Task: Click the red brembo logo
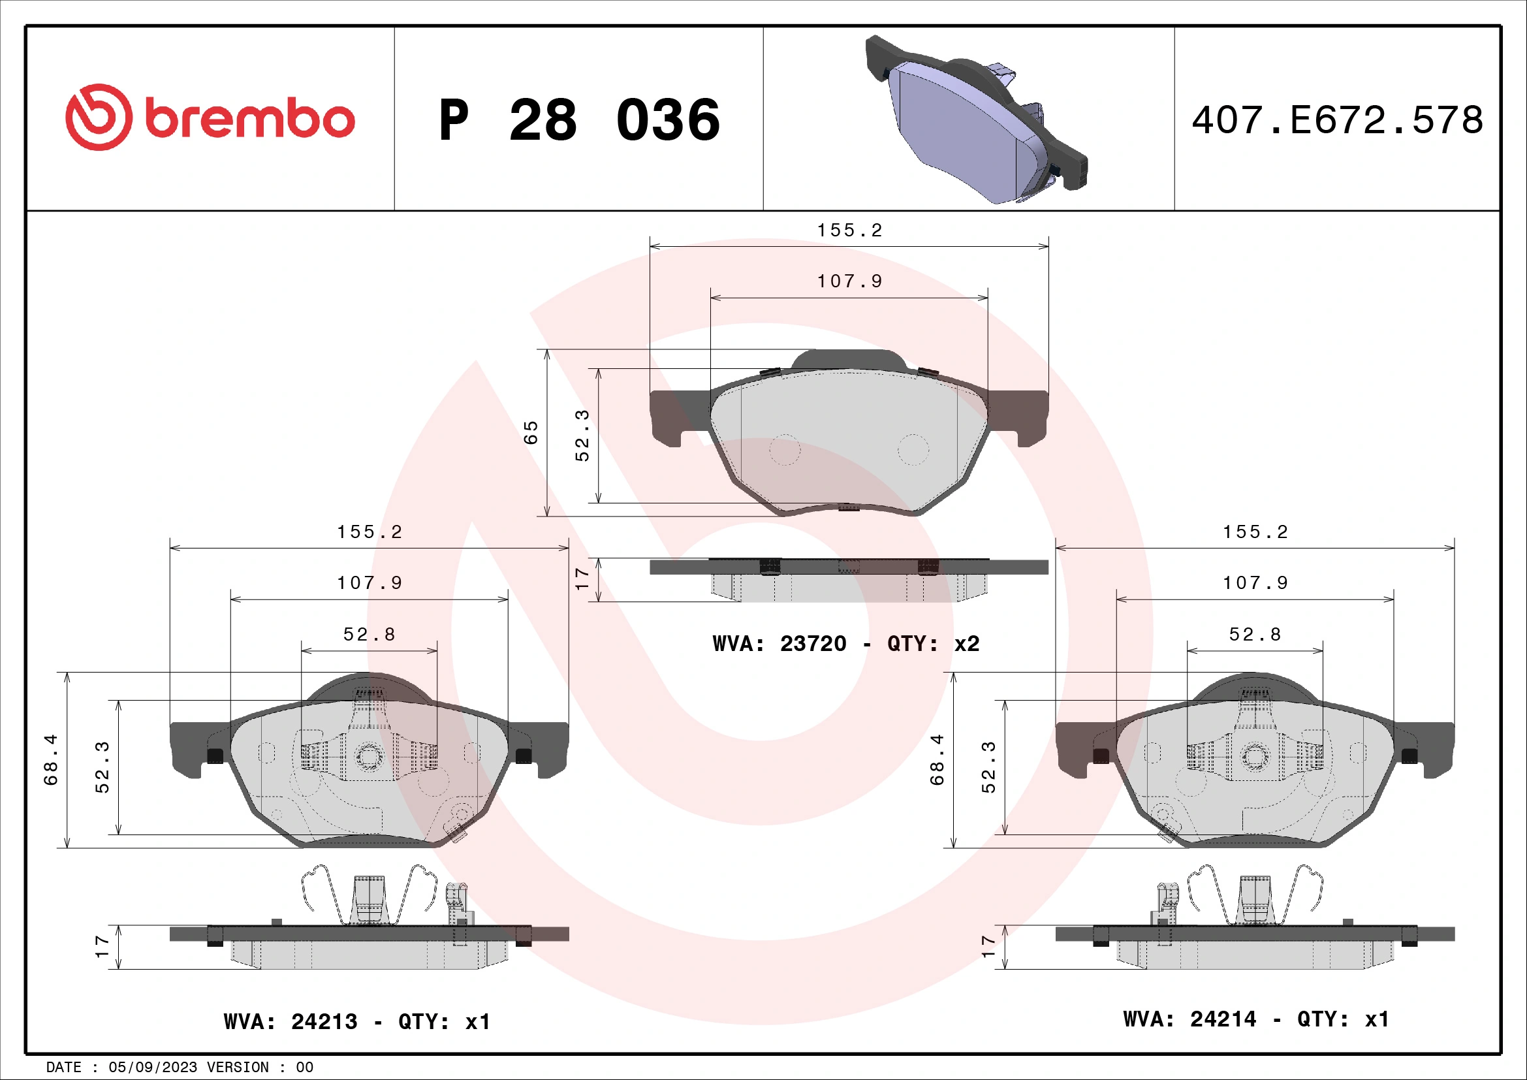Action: pyautogui.click(x=210, y=118)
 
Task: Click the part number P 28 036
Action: pyautogui.click(x=578, y=120)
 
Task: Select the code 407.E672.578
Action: pyautogui.click(x=1337, y=120)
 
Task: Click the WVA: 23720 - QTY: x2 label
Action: pyautogui.click(x=845, y=644)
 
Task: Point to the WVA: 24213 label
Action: pyautogui.click(x=291, y=1021)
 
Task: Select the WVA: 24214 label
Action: pyautogui.click(x=1190, y=1019)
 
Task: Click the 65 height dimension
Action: pyautogui.click(x=530, y=432)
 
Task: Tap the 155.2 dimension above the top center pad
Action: pyautogui.click(x=849, y=230)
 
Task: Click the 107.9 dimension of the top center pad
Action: pyautogui.click(x=849, y=281)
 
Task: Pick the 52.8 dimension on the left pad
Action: pyautogui.click(x=369, y=635)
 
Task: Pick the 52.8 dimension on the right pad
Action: pyautogui.click(x=1255, y=635)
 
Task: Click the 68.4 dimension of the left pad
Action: pyautogui.click(x=51, y=759)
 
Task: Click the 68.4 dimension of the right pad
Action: pyautogui.click(x=937, y=759)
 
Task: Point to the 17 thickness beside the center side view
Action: pyautogui.click(x=582, y=579)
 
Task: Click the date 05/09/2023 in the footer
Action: pyautogui.click(x=152, y=1068)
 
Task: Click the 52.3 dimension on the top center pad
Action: pyautogui.click(x=582, y=436)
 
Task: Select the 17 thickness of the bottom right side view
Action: pyautogui.click(x=988, y=946)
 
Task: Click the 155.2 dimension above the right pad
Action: pyautogui.click(x=1255, y=532)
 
